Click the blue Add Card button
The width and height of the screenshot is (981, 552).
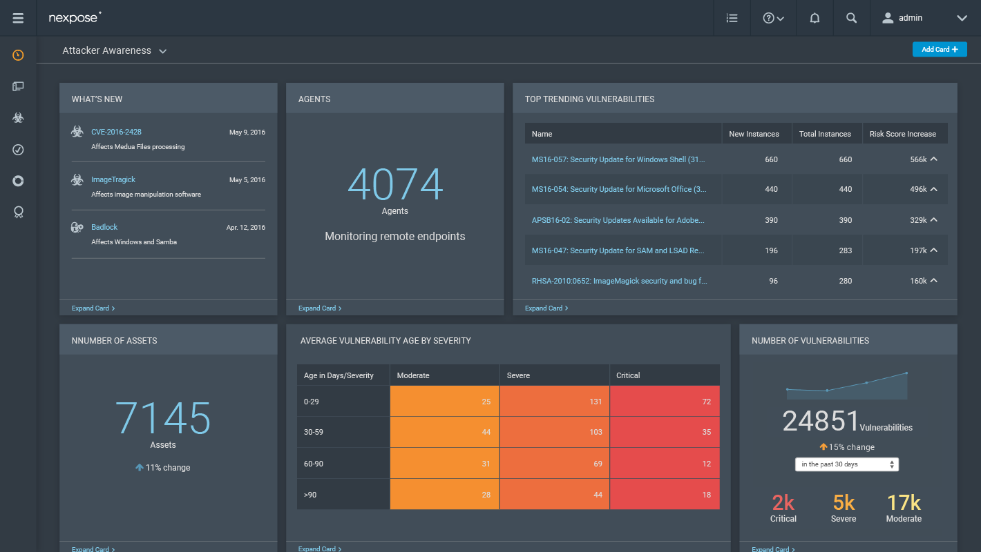940,50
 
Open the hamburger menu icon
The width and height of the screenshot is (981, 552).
18,18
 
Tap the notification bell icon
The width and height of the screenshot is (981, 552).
815,18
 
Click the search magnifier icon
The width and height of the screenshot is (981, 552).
851,18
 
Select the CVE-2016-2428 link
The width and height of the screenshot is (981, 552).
116,132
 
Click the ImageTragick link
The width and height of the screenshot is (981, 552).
113,179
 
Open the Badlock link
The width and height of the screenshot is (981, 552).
104,227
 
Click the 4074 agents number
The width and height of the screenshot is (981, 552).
395,184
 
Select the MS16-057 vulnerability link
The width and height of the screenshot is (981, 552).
618,159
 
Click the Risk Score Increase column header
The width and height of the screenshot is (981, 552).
903,134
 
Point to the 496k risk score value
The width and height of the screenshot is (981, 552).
918,189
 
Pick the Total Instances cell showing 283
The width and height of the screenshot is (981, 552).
845,250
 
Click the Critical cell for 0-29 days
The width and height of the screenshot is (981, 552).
665,401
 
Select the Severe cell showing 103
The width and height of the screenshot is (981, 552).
555,432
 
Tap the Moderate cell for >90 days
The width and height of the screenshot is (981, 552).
444,494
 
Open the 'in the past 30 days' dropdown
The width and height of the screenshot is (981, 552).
846,464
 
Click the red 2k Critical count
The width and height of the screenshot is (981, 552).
783,503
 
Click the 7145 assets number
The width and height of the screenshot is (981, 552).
163,419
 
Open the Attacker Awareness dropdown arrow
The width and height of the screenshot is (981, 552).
163,51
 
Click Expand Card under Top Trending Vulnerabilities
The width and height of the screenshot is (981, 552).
546,308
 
